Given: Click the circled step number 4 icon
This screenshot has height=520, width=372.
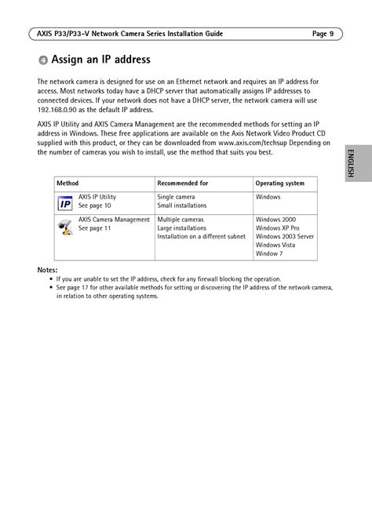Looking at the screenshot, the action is (x=43, y=60).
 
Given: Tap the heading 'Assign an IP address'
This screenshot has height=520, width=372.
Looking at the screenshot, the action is (x=100, y=60).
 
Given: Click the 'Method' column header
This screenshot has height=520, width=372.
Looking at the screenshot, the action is (x=67, y=184).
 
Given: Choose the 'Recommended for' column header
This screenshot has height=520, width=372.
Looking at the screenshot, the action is (x=182, y=184).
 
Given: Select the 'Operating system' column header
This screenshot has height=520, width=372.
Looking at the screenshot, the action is (x=280, y=184).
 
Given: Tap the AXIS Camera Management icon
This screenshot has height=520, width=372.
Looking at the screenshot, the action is (x=65, y=227).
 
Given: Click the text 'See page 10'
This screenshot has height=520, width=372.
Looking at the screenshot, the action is (x=95, y=205).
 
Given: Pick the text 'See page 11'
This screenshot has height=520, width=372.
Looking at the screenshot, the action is (x=95, y=228).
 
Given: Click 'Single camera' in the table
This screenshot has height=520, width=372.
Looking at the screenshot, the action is (x=177, y=197).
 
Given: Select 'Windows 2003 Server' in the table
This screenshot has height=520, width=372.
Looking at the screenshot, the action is (x=284, y=236).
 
